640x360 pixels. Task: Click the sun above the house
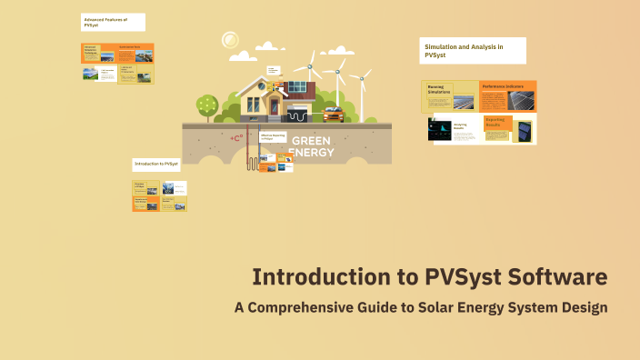(229, 40)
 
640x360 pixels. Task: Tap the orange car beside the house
(332, 115)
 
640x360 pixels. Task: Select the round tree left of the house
(207, 105)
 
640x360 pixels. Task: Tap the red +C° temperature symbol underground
(237, 138)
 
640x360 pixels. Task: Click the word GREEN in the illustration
(311, 141)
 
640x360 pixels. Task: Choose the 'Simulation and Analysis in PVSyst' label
(473, 50)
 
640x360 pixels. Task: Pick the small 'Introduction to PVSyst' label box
(157, 164)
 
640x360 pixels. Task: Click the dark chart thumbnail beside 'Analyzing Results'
(440, 129)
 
